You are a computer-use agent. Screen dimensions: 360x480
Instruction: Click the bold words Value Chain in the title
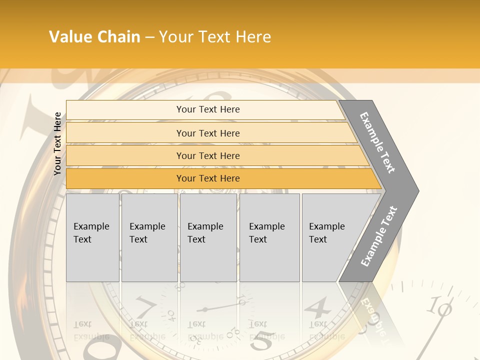(94, 37)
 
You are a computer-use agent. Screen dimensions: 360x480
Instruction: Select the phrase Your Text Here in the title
(215, 37)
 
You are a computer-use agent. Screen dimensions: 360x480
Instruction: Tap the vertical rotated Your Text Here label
(57, 143)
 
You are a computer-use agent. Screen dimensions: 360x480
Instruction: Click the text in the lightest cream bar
(208, 109)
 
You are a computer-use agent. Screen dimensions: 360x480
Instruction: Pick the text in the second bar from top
(208, 133)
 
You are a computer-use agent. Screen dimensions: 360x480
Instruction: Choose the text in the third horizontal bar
(208, 156)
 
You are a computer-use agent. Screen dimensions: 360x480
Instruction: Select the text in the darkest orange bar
(208, 178)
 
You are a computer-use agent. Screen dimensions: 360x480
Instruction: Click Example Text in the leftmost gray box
(91, 233)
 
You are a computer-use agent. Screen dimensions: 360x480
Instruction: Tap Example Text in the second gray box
(147, 233)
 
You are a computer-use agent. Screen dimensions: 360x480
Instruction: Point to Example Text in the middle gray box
(205, 233)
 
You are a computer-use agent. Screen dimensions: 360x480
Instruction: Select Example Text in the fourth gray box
(266, 233)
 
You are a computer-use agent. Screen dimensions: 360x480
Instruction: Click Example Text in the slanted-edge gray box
(326, 233)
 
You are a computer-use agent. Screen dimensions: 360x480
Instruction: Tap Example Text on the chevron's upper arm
(377, 142)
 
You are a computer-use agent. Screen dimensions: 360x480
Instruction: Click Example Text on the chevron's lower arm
(379, 236)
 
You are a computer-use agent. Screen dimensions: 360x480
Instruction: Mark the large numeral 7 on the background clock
(145, 306)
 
